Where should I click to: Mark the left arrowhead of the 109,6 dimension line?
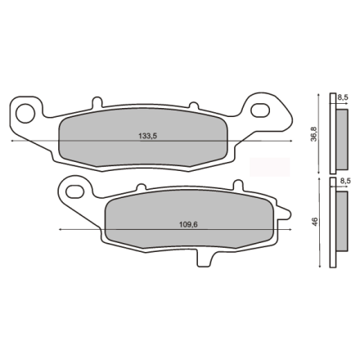(x=62, y=230)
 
